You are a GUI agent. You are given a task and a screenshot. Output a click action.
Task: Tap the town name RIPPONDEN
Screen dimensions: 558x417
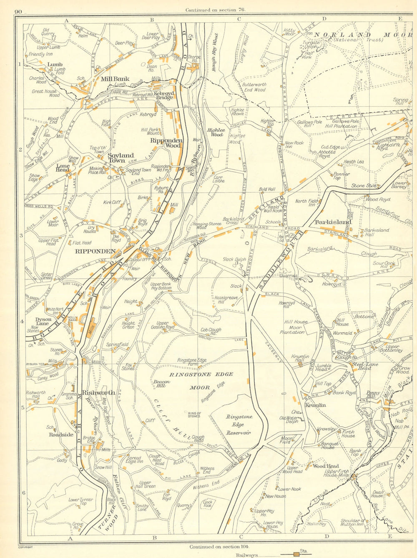(95, 251)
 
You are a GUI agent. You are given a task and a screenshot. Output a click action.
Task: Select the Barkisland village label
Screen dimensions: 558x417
(334, 222)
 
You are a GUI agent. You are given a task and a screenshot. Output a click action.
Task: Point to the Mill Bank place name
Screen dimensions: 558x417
(115, 78)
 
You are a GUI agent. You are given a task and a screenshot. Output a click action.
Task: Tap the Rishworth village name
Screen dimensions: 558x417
(98, 392)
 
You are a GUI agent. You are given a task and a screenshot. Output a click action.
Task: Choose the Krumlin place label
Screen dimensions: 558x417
(315, 405)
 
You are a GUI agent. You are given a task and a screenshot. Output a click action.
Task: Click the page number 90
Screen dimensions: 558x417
(18, 11)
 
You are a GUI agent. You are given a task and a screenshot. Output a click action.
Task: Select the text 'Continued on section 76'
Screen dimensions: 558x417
(216, 10)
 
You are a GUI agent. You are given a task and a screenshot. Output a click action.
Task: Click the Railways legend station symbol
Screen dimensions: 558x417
(296, 554)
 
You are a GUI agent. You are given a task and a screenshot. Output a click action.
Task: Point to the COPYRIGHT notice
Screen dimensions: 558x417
(26, 546)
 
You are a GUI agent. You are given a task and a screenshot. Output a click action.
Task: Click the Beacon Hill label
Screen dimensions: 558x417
(162, 384)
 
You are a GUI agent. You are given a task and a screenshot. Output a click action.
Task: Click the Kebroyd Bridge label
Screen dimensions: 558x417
(163, 95)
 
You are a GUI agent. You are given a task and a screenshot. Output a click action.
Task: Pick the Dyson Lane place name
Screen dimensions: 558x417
(43, 322)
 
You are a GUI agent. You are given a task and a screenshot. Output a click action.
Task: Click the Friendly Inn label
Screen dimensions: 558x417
(40, 54)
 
